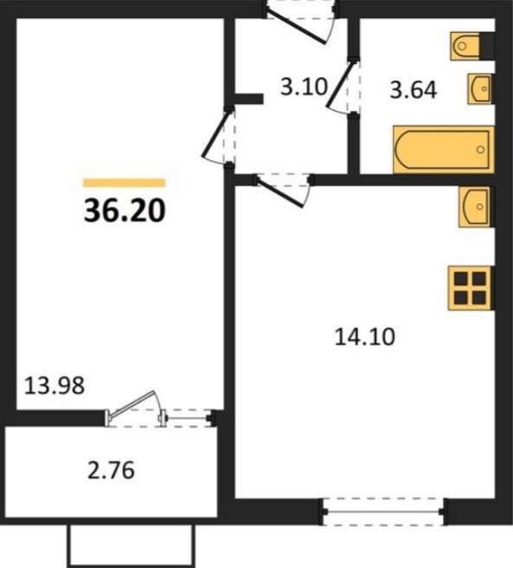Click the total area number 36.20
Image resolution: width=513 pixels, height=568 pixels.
[x=125, y=211]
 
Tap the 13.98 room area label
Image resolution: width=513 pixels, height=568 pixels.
[x=55, y=386]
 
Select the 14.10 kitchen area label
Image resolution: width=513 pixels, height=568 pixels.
[x=364, y=337]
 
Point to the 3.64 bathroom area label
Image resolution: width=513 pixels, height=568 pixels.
[x=414, y=90]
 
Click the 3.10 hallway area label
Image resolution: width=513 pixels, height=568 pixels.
[x=304, y=87]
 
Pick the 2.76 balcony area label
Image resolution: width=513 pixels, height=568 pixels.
[x=111, y=469]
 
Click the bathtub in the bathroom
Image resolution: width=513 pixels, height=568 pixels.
[x=444, y=150]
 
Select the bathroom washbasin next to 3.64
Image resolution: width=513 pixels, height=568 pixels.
[x=479, y=89]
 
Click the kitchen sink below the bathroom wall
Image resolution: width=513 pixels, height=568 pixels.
[x=474, y=207]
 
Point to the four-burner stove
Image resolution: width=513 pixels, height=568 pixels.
[x=470, y=289]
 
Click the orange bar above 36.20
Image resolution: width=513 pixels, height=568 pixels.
[x=124, y=183]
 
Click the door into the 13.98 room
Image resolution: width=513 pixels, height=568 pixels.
[x=216, y=137]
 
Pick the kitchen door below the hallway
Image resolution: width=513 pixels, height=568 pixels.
[x=283, y=189]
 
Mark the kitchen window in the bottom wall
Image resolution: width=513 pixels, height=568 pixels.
[x=383, y=512]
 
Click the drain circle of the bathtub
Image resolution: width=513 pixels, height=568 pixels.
[x=481, y=150]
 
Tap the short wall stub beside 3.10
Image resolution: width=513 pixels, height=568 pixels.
[x=248, y=99]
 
